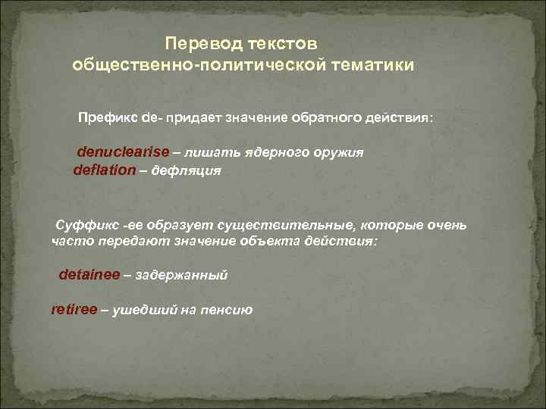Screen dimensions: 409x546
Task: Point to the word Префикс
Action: point(105,119)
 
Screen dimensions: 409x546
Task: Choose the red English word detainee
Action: point(89,276)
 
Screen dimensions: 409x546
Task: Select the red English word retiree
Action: point(74,310)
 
